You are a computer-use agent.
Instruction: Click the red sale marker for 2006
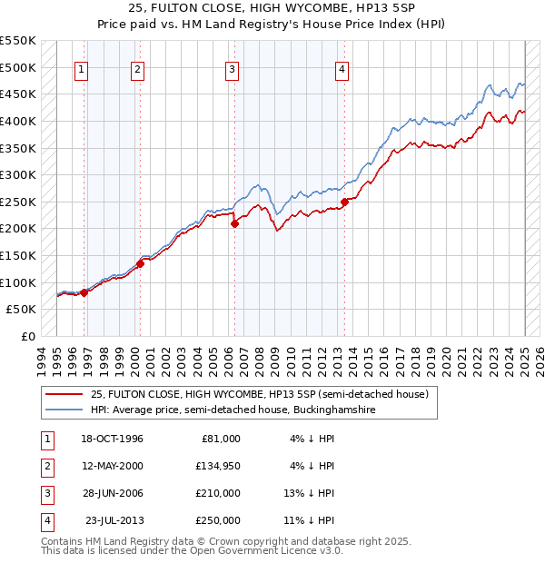[234, 223]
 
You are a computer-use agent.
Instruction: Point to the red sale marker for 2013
[344, 202]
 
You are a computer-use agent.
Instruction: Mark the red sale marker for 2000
[140, 263]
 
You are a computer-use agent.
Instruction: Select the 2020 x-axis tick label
[447, 358]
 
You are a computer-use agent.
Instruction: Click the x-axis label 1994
[41, 358]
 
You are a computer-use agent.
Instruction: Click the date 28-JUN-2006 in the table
[112, 493]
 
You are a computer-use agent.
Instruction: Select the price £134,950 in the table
[218, 466]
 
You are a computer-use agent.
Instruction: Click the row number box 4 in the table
[45, 520]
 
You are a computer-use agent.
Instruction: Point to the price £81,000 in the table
[221, 438]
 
